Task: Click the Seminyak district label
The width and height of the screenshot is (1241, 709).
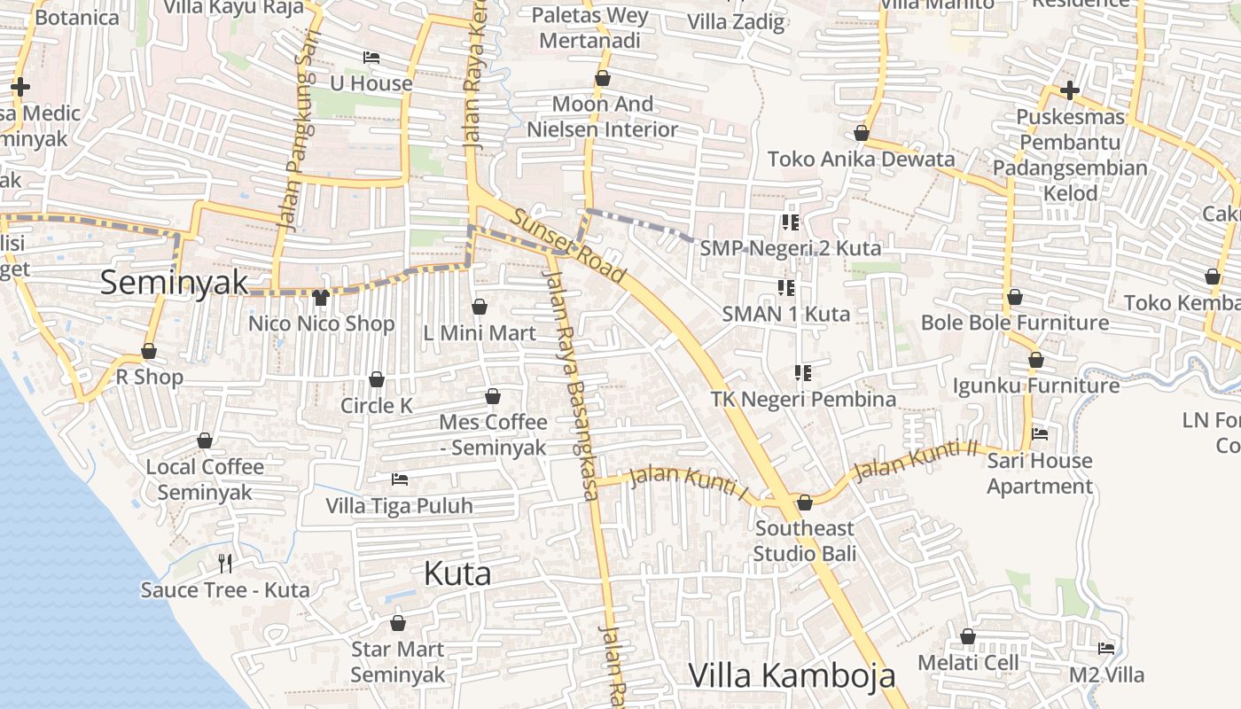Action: point(174,283)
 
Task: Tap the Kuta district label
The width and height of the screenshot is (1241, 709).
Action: point(457,573)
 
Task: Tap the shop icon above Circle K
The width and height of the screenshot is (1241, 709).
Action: point(377,379)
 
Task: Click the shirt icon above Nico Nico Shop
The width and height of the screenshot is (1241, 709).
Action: point(321,298)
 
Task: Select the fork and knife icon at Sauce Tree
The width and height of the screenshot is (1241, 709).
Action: point(225,563)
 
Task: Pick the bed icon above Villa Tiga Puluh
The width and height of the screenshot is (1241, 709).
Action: point(400,479)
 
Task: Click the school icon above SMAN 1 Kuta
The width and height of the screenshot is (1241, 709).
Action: point(786,287)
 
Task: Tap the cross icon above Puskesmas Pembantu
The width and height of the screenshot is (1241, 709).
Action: point(1070,90)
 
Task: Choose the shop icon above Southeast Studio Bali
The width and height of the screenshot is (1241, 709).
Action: point(805,503)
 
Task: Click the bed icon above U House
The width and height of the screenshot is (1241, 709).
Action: point(371,58)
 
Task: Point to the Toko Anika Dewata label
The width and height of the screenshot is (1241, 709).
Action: point(861,160)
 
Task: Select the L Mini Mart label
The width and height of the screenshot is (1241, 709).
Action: point(480,333)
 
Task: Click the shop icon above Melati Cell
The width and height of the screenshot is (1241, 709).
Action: point(968,636)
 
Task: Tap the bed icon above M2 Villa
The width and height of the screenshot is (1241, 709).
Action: point(1106,649)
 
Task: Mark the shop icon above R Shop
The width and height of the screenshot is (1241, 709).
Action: point(149,351)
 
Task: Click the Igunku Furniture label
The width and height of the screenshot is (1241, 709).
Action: point(1035,386)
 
